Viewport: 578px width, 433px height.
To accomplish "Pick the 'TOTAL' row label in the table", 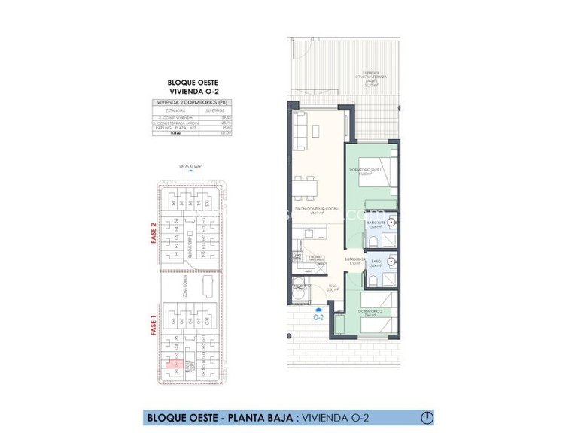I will pyautogui.click(x=175, y=134).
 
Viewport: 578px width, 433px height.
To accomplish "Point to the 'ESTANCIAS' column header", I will pyautogui.click(x=174, y=110).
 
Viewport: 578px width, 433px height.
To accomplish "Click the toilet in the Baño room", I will pyautogui.click(x=372, y=282).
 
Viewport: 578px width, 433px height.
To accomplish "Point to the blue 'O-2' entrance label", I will pyautogui.click(x=318, y=316).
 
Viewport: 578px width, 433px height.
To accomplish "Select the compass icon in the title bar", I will pyautogui.click(x=427, y=417).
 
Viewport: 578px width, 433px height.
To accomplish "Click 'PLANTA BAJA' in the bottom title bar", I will pyautogui.click(x=257, y=417).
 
